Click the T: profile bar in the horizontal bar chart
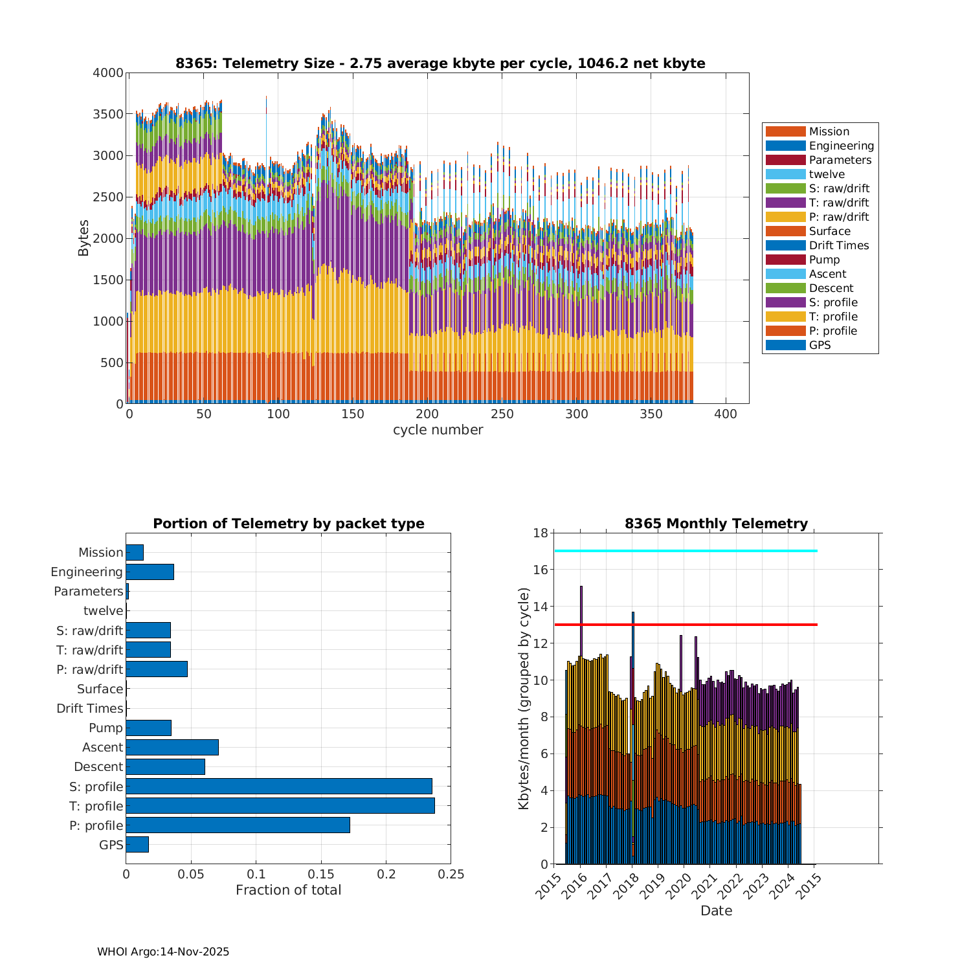[x=280, y=806]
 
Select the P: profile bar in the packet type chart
[x=238, y=825]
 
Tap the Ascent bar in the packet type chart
[x=172, y=748]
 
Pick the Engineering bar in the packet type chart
[x=150, y=572]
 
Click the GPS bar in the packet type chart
[x=137, y=845]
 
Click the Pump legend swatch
[x=785, y=260]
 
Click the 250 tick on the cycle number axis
[x=502, y=415]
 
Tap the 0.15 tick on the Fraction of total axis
[x=321, y=875]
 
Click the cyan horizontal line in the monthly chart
[x=686, y=551]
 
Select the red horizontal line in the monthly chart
[x=686, y=625]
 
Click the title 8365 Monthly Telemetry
[x=716, y=524]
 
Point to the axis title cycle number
[x=438, y=430]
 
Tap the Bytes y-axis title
[x=84, y=238]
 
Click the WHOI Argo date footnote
[x=163, y=952]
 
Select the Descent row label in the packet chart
[x=98, y=767]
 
